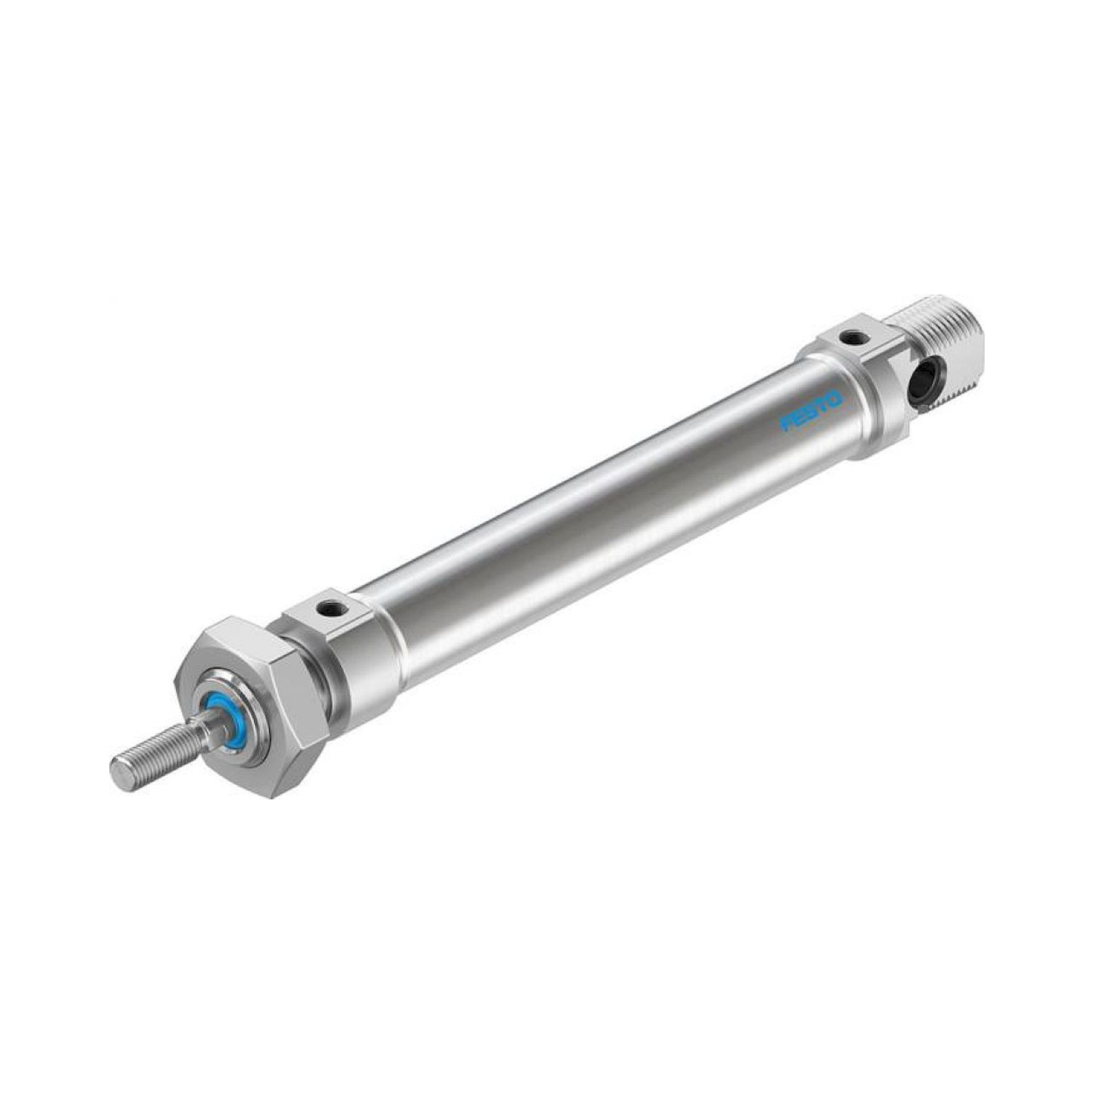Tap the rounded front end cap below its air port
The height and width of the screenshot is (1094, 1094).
363,657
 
